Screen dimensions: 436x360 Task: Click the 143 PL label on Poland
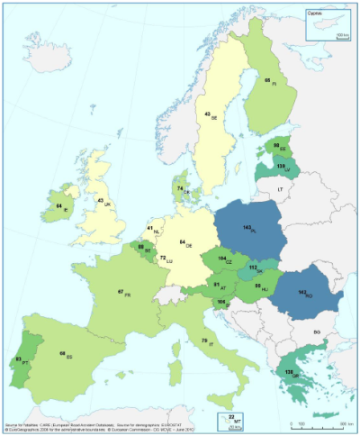[x=246, y=230]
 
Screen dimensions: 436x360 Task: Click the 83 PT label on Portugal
[x=20, y=360]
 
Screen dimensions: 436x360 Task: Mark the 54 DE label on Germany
[x=184, y=243]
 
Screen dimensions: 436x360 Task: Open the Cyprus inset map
[x=328, y=23]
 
